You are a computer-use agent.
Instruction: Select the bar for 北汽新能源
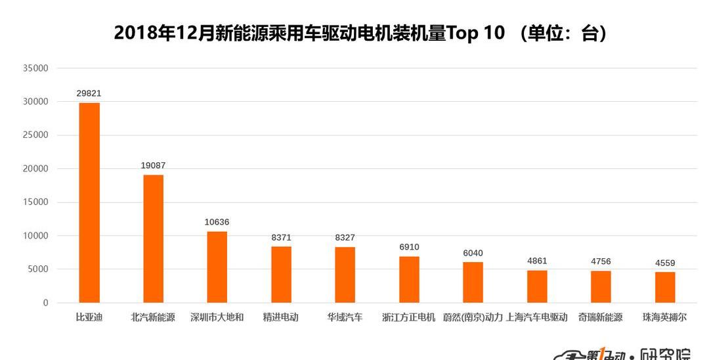[153, 238]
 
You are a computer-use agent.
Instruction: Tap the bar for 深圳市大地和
[217, 267]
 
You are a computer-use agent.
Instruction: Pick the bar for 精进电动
[281, 274]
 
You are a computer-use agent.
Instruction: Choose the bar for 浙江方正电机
[409, 279]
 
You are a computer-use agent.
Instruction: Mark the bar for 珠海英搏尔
[665, 287]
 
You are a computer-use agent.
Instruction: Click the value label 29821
[89, 93]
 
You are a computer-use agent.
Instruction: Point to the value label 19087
[153, 166]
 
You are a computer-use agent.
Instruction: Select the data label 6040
[473, 253]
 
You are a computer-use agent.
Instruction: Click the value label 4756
[601, 261]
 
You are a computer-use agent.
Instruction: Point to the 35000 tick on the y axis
[35, 68]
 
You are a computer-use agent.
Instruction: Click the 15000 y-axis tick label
[35, 202]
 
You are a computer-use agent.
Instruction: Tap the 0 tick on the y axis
[45, 303]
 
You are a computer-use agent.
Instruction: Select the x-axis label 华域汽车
[345, 317]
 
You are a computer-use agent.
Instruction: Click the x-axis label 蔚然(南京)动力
[473, 317]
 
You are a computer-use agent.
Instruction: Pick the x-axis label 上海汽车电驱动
[537, 317]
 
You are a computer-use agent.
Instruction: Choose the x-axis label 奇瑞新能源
[601, 317]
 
